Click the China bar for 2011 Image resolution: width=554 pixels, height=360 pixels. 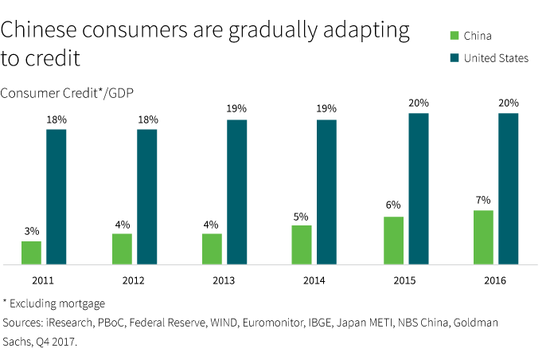(x=32, y=252)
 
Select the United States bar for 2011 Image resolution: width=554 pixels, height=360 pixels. (x=57, y=196)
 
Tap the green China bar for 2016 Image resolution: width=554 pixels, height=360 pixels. (x=483, y=237)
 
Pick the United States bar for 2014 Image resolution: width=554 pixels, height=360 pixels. (x=327, y=192)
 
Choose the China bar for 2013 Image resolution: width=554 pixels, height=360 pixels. (x=212, y=248)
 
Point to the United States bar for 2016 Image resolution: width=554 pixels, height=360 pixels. (x=508, y=188)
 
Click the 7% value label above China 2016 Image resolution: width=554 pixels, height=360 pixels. (x=483, y=200)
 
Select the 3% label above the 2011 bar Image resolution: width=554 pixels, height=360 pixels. (x=32, y=231)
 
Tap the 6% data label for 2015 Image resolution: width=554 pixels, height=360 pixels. (x=393, y=205)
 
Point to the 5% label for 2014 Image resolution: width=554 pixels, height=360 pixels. (x=302, y=215)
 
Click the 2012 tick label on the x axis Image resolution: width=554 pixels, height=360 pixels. (x=134, y=280)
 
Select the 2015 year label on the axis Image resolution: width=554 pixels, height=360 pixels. (x=404, y=280)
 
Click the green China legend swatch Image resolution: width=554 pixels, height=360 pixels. (x=454, y=35)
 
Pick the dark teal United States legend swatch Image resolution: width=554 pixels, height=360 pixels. (x=454, y=57)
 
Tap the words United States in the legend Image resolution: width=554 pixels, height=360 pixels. (x=496, y=57)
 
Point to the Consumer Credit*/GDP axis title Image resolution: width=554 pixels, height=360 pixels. (x=67, y=93)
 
